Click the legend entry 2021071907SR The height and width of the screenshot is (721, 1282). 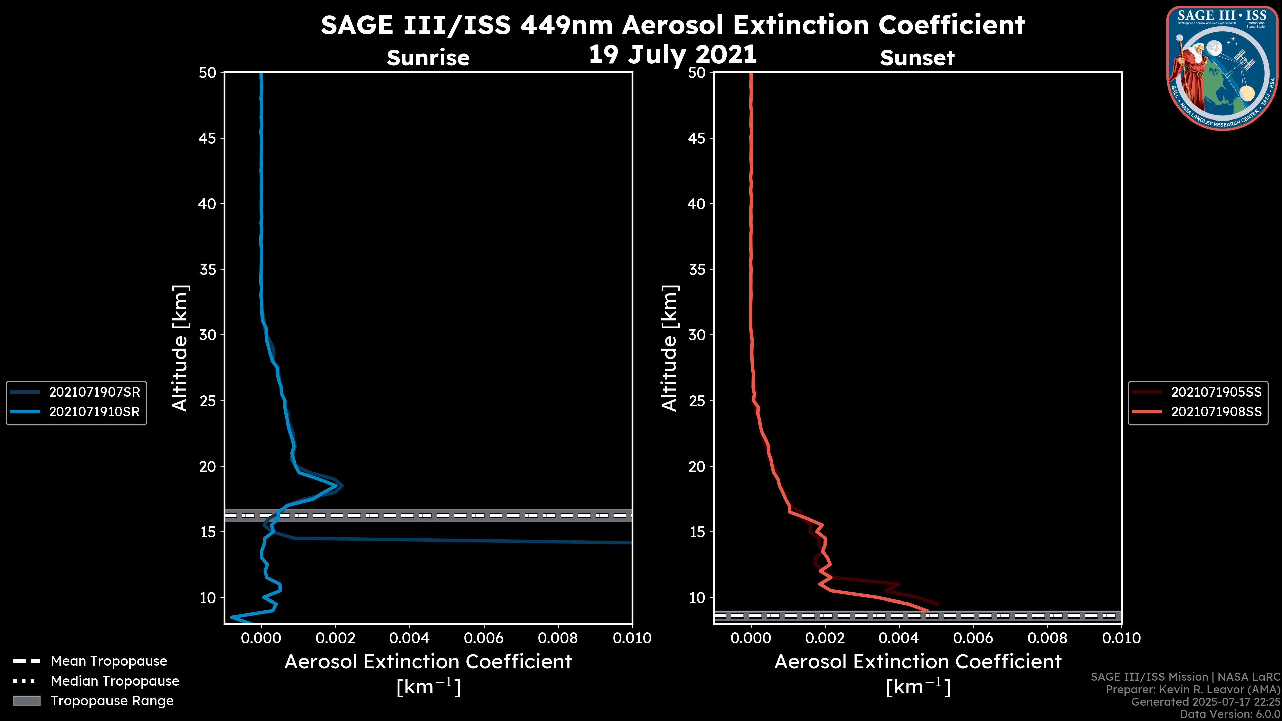[94, 392]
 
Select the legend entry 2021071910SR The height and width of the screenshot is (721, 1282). [94, 412]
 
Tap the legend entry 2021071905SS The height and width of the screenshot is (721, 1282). [1216, 392]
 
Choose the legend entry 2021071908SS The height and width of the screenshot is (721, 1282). [1216, 412]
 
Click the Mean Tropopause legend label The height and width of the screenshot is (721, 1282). [109, 661]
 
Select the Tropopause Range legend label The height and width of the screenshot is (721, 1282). [112, 701]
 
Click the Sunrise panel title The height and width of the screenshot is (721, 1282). [428, 58]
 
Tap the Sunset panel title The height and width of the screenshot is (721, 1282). [917, 58]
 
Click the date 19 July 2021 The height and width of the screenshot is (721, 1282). [672, 55]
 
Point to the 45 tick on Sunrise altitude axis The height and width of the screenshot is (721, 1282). [208, 138]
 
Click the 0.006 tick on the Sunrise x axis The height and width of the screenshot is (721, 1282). [484, 638]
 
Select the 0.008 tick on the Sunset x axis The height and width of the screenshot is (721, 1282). [1048, 638]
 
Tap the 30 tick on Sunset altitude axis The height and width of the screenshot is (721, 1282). [697, 335]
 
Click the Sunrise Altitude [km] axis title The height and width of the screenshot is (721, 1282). [180, 348]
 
